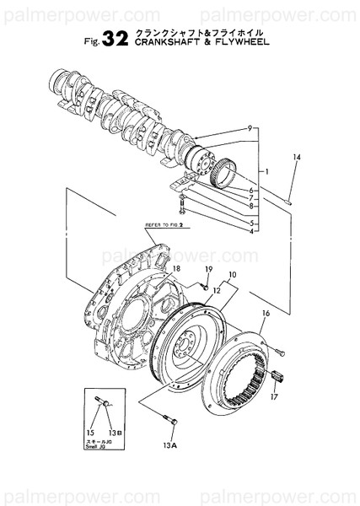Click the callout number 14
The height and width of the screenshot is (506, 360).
296,158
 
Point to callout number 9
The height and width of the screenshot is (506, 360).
250,128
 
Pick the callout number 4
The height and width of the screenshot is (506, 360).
252,231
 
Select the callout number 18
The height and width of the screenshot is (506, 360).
177,269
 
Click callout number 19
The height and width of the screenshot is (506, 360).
208,270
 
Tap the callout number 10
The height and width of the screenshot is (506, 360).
232,275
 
